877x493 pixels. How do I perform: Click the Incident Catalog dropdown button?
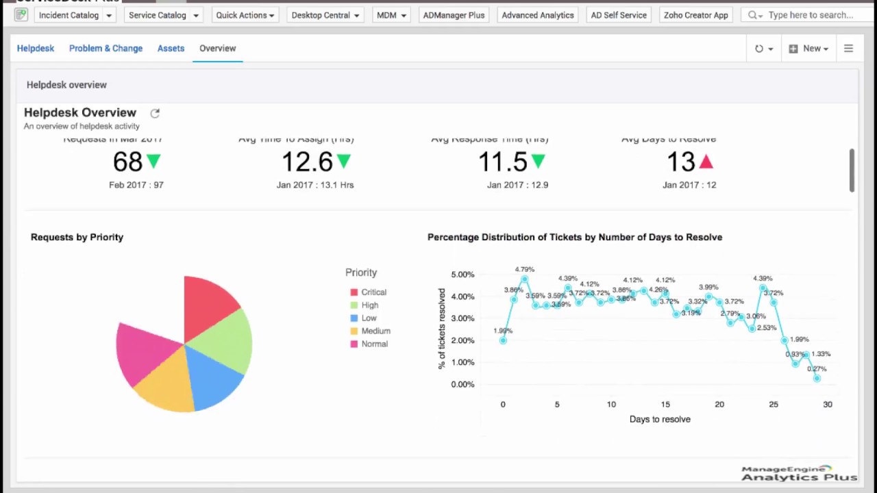coord(75,15)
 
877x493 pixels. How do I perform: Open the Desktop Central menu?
coord(325,15)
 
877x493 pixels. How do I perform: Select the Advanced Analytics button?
coord(537,15)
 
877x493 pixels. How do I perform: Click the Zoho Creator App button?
coord(695,15)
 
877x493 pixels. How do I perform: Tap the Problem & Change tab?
coord(106,49)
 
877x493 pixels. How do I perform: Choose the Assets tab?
coord(171,49)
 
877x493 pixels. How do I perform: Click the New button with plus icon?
coord(808,49)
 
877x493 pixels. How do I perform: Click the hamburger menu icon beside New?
coord(848,49)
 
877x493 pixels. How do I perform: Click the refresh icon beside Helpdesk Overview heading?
coord(155,113)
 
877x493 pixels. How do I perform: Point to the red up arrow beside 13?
coord(706,162)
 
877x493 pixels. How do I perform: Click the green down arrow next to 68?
coord(153,162)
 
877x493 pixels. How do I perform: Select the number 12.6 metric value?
coord(307,162)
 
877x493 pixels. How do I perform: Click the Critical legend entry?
coord(373,292)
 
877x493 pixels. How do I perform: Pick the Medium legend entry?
coord(375,331)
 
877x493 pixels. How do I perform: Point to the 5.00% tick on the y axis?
coord(462,275)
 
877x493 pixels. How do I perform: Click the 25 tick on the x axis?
coord(774,405)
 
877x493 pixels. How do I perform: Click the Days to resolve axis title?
coord(660,419)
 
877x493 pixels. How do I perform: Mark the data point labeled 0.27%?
coord(817,378)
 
